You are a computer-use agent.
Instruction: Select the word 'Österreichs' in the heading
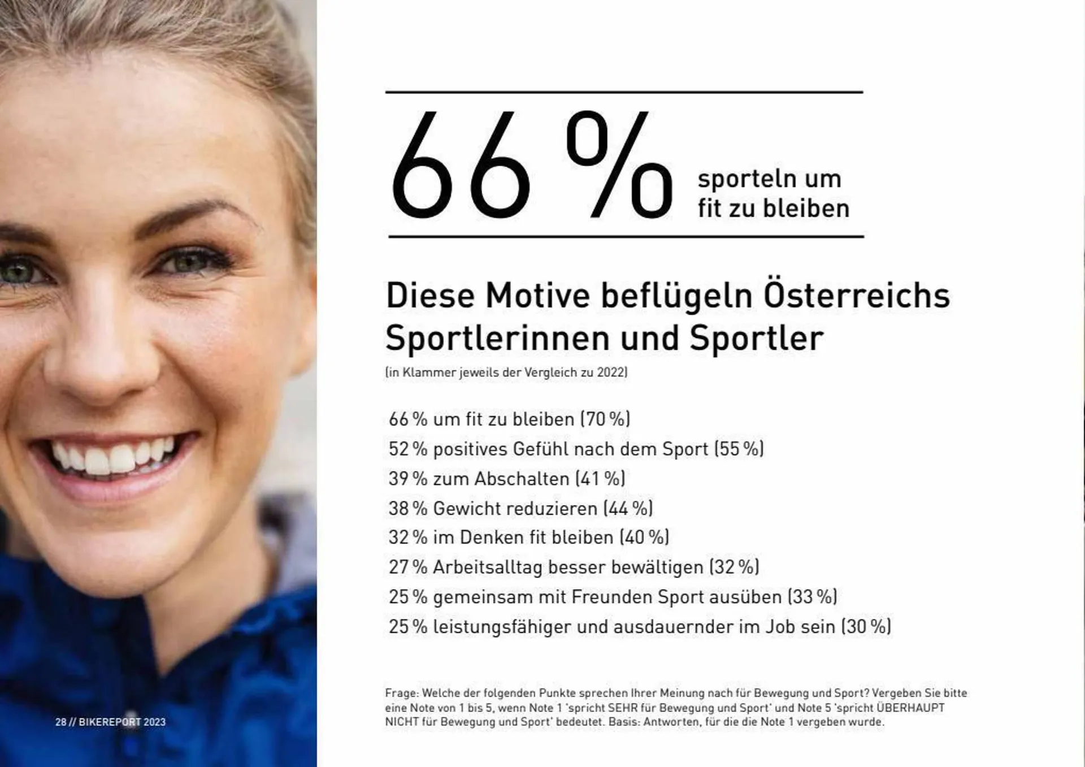coord(857,296)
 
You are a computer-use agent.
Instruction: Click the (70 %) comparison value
coord(605,419)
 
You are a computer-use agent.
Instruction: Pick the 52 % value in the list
coord(407,449)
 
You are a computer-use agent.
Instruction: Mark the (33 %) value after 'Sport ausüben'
coord(813,597)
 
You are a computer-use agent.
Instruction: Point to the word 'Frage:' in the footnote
coord(401,693)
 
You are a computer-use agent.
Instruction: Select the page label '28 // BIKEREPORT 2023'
coord(110,722)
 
